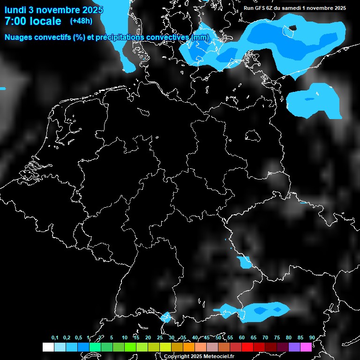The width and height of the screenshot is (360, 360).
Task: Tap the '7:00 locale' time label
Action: coord(32,21)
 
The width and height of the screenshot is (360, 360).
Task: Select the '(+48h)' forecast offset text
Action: coord(81,21)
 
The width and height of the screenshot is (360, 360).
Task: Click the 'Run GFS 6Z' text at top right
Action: coord(262,8)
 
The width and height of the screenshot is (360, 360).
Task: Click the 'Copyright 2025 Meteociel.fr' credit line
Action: coord(199,356)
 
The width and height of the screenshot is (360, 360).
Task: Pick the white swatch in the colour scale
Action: coord(48,347)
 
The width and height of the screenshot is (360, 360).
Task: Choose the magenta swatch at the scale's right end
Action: coord(306,347)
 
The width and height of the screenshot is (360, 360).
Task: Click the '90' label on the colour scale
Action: coord(312,337)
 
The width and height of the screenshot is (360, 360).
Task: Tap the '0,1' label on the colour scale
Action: coord(55,337)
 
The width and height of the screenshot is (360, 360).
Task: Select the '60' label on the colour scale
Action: coord(241,337)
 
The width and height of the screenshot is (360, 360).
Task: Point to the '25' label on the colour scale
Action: coord(160,337)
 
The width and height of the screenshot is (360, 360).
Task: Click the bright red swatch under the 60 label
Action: coord(247,347)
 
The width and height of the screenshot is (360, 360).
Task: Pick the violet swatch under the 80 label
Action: coord(294,347)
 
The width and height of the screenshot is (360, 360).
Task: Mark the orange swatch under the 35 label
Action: coord(188,347)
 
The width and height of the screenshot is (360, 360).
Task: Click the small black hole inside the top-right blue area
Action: coord(290,31)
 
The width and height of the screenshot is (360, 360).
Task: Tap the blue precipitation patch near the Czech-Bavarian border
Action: coord(244,262)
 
